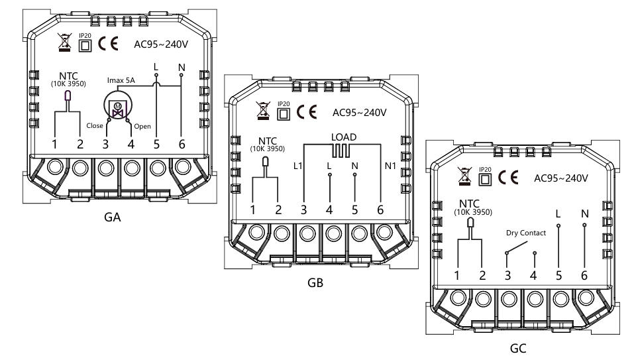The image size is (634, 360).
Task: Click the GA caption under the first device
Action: tap(113, 217)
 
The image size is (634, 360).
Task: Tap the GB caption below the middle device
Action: tap(315, 282)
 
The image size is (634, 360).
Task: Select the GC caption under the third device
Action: tap(518, 348)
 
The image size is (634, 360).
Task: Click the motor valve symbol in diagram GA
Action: tap(118, 108)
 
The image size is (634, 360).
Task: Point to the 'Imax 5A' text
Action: tap(121, 80)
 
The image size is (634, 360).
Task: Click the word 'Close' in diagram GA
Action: tap(95, 125)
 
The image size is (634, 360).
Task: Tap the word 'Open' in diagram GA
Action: tap(142, 126)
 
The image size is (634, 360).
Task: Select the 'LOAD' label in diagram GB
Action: tap(344, 137)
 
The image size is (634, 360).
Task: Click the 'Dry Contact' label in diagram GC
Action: tap(525, 233)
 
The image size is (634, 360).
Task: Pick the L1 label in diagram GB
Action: tap(297, 166)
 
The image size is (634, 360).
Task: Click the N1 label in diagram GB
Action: tap(390, 166)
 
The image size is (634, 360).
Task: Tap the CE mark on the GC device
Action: tap(508, 178)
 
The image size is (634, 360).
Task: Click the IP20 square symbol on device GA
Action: tap(85, 45)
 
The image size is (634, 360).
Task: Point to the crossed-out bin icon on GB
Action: tap(263, 111)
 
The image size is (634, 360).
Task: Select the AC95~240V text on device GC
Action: tap(561, 178)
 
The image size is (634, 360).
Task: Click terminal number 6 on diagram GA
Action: tap(182, 144)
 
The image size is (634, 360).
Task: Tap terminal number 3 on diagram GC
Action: tap(508, 275)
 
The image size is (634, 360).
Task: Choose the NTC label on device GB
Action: tap(267, 141)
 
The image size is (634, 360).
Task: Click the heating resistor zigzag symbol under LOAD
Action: tap(341, 150)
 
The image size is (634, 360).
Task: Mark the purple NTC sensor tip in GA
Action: tap(68, 95)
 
